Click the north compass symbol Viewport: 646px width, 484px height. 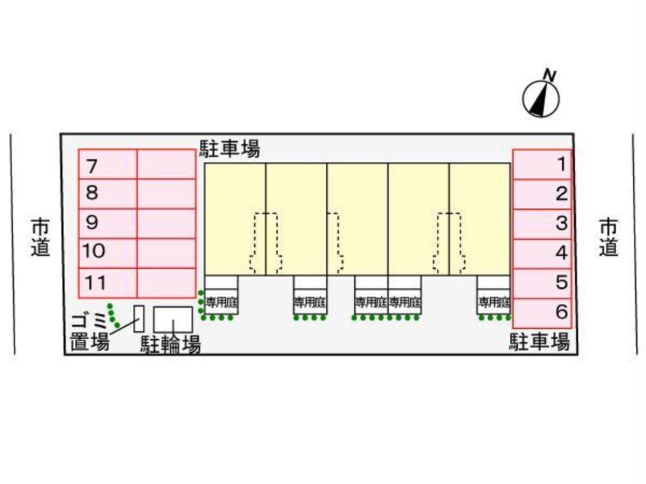click(541, 97)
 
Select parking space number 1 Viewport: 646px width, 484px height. click(542, 163)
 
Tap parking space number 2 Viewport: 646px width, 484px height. click(542, 194)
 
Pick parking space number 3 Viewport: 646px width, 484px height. click(542, 224)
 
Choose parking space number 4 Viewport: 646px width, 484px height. click(542, 253)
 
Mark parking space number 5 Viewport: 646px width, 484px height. click(542, 282)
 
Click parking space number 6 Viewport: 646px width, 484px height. click(542, 312)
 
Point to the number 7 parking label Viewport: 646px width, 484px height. click(92, 165)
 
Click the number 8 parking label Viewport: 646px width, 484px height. click(92, 194)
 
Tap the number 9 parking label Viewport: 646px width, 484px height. click(92, 223)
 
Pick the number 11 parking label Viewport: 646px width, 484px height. click(95, 282)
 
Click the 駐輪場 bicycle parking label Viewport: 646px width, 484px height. click(170, 345)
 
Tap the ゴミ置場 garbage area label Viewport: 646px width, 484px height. click(89, 331)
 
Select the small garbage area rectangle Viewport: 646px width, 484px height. click(139, 318)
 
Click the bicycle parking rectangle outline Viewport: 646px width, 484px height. click(173, 318)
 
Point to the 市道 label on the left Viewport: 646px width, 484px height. click(40, 237)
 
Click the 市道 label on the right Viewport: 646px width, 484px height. click(608, 237)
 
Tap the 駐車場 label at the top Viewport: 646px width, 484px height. click(229, 148)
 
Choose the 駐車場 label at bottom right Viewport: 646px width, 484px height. click(539, 341)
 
